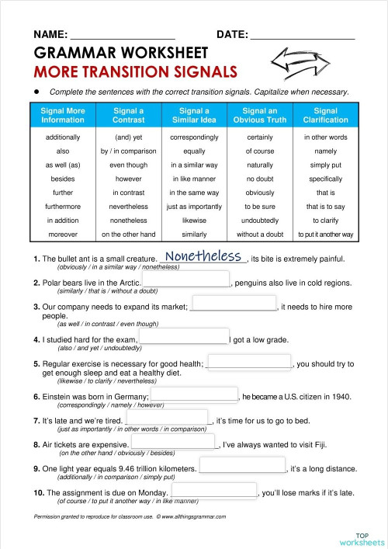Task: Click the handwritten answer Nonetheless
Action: pos(204,256)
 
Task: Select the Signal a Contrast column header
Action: pos(128,116)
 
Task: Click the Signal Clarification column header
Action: pos(326,116)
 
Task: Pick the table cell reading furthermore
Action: pos(63,207)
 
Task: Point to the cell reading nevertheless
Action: pos(128,207)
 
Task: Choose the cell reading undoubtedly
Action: pos(260,221)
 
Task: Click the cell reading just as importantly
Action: pos(194,207)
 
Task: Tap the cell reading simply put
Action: pos(326,165)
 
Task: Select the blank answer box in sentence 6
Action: pos(193,396)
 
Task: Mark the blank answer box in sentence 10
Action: pos(213,492)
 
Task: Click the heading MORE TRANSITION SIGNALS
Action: pos(136,72)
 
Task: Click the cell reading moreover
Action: pos(63,234)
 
